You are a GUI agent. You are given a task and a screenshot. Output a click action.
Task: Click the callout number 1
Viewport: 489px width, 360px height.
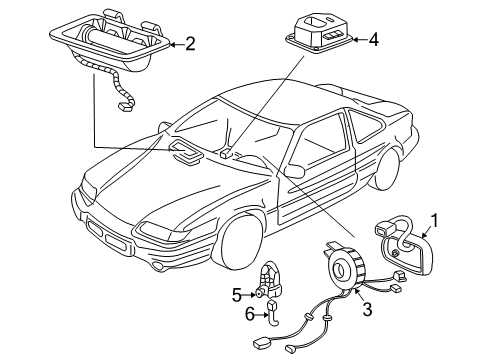click(434, 219)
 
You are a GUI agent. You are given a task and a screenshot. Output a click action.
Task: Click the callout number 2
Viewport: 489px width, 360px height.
click(189, 43)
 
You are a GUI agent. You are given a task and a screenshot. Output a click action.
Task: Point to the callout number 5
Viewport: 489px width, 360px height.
click(238, 296)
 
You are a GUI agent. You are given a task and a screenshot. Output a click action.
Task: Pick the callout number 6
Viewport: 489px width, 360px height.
click(238, 315)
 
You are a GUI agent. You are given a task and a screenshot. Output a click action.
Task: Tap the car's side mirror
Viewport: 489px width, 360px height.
click(295, 171)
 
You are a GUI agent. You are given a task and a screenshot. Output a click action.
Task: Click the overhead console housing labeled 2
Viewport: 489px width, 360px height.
click(105, 44)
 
